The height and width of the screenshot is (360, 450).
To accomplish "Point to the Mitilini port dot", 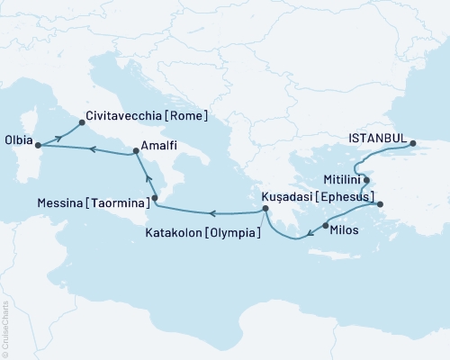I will click(x=366, y=179).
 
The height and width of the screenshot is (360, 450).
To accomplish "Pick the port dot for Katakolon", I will click(x=265, y=211).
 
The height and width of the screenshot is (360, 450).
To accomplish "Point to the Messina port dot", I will click(x=155, y=197).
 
